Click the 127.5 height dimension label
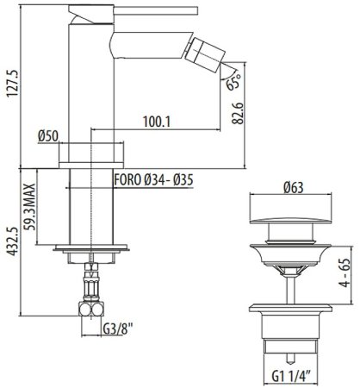click(13, 84)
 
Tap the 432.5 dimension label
click(13, 241)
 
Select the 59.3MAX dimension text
click(29, 207)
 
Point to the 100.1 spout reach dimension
click(157, 122)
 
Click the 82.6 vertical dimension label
click(238, 113)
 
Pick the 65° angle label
click(233, 81)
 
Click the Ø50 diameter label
click(48, 136)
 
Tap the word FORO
click(127, 180)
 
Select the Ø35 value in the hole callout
click(183, 180)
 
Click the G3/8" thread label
click(118, 329)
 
